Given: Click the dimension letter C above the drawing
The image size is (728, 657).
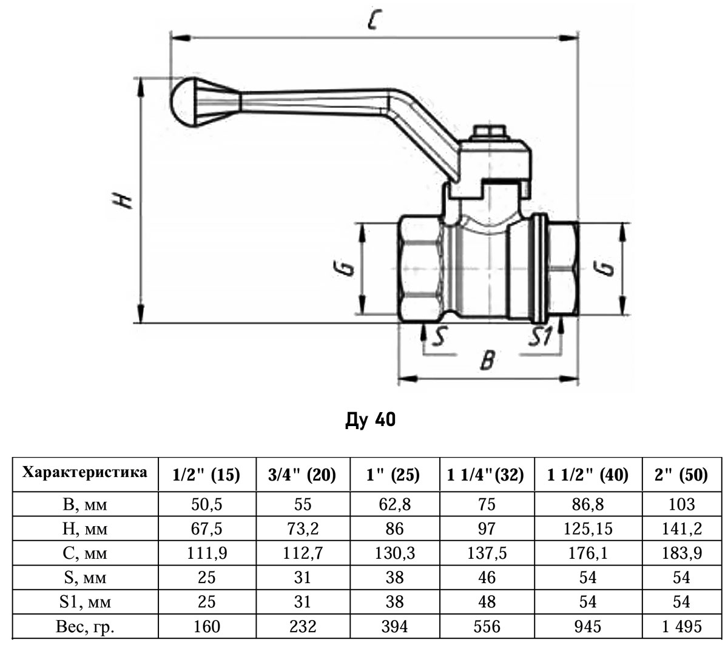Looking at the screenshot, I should click(374, 22).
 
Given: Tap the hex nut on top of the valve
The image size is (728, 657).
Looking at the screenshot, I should click(489, 132).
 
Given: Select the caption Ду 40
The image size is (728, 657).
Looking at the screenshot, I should click(370, 419).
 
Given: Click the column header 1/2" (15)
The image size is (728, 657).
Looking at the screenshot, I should click(206, 475).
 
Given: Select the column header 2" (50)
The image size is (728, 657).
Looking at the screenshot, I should click(681, 475).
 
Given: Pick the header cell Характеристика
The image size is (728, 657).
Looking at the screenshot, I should click(85, 473).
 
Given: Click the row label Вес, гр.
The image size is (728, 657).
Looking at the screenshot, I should click(85, 626).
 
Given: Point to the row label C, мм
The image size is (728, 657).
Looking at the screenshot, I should click(85, 553).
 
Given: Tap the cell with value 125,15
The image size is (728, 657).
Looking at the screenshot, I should click(588, 529).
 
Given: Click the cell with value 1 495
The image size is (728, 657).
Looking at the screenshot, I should click(681, 626).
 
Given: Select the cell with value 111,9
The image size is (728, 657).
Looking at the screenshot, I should click(206, 553).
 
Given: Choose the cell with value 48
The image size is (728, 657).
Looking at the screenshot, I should click(487, 601).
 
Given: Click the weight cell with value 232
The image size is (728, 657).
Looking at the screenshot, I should click(302, 626).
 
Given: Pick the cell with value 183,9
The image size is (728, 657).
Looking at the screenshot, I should click(681, 553).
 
